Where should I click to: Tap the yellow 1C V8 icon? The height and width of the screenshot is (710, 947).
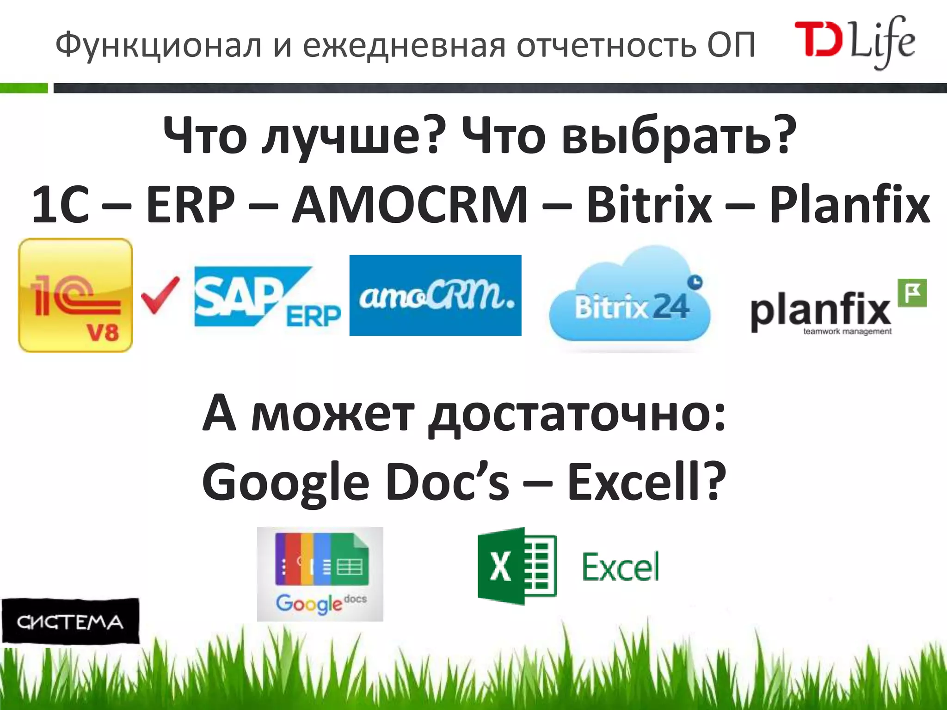(75, 295)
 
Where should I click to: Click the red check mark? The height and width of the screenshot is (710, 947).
(160, 295)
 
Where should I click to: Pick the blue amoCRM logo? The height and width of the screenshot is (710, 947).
(435, 295)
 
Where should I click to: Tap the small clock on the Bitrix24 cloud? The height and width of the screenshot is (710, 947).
(695, 281)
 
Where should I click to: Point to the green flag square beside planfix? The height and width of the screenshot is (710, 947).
(912, 293)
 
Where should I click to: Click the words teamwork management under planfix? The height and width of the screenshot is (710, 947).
(847, 331)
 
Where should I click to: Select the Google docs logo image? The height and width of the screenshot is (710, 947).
(320, 574)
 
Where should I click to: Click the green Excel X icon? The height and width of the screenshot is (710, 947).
(517, 566)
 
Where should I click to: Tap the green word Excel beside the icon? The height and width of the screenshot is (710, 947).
(621, 567)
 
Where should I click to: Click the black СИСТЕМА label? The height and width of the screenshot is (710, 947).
(70, 621)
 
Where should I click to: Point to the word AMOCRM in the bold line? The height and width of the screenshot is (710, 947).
(409, 205)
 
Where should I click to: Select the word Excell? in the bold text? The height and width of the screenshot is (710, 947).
(646, 482)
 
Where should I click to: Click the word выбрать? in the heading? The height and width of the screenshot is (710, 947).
(679, 135)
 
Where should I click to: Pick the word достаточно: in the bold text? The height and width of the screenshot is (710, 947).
(576, 413)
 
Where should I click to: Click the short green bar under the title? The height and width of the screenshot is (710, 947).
(24, 88)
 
